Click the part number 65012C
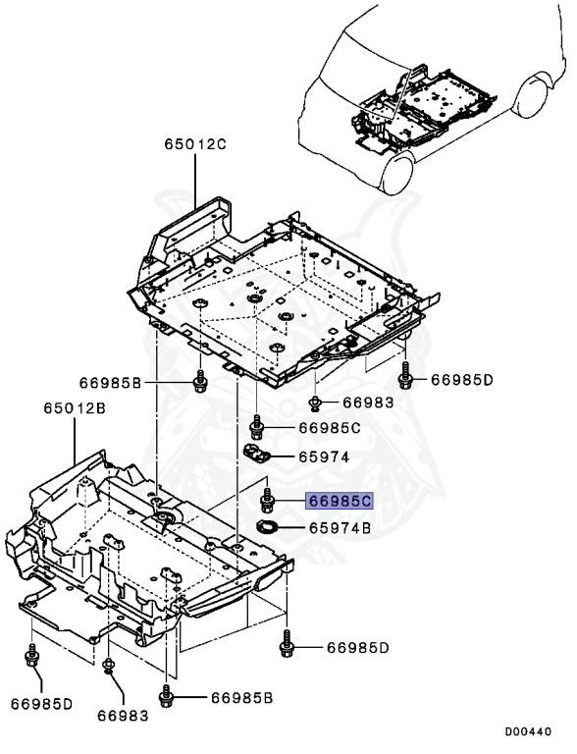[x=194, y=145]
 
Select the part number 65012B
[x=74, y=407]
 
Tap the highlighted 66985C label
[x=340, y=501]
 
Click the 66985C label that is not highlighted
[x=330, y=428]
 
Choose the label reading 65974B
[x=340, y=528]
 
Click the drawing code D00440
[x=529, y=731]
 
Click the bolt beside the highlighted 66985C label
[x=266, y=502]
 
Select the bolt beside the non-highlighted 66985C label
[x=257, y=426]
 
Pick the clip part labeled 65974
[x=256, y=453]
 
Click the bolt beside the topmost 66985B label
[x=200, y=380]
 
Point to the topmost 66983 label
[x=367, y=403]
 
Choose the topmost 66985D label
[x=460, y=380]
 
